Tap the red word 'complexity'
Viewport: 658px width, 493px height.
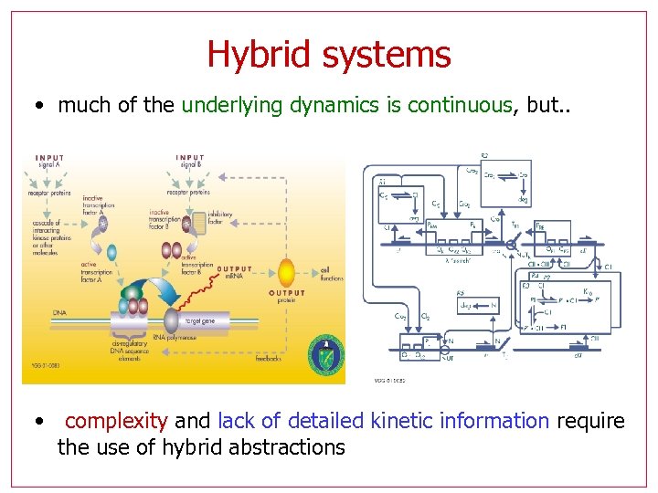pos(116,421)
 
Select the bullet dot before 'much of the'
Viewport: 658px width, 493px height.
pos(37,106)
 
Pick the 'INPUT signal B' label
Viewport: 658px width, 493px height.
pos(191,161)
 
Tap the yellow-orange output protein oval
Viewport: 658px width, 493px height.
pos(286,272)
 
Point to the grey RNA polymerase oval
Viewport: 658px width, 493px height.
pos(171,320)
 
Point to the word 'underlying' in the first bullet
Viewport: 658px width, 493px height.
pos(232,105)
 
